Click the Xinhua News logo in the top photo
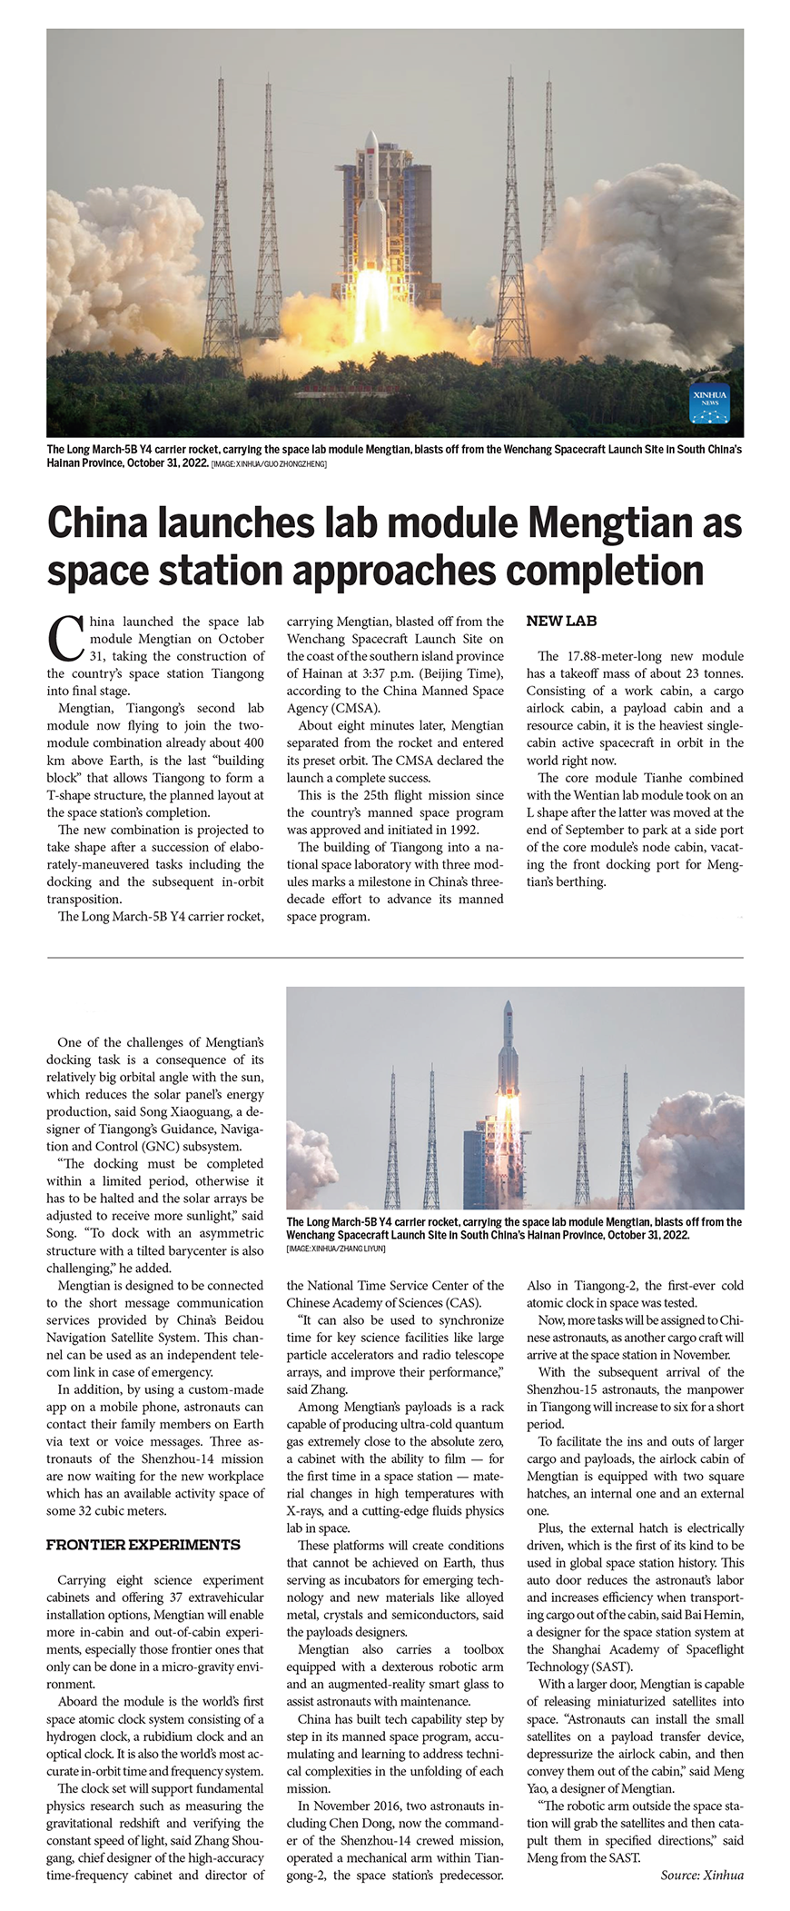(x=709, y=403)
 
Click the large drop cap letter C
(x=65, y=638)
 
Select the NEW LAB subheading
(x=561, y=622)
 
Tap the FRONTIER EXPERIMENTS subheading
(x=143, y=1545)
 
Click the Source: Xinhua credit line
(x=701, y=1875)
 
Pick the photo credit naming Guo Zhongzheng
(x=269, y=464)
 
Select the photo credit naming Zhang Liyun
(x=336, y=1249)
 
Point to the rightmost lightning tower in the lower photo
(x=625, y=1136)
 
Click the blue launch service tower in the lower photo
(x=480, y=1167)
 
